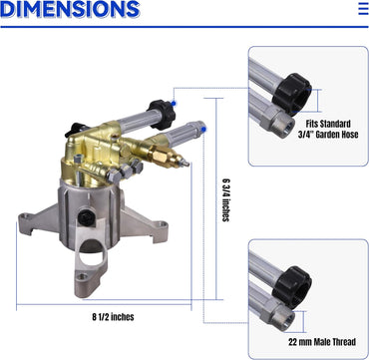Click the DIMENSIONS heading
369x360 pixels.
(x=70, y=9)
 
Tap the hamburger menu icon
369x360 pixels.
(x=364, y=9)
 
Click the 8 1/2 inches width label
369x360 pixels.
(x=113, y=317)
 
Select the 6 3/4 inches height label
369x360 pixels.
(x=226, y=200)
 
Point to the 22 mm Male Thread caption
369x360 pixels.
(x=322, y=342)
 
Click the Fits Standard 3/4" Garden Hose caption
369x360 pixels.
(x=328, y=129)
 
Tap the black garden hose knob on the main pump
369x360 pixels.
(x=162, y=115)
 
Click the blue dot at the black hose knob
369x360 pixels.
(x=173, y=103)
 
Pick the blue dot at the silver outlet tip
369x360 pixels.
(x=203, y=129)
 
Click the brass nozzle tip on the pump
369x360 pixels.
(x=186, y=164)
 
